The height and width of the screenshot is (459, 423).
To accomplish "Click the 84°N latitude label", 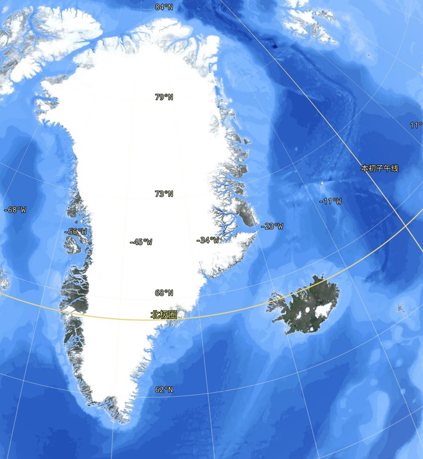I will (x=164, y=7).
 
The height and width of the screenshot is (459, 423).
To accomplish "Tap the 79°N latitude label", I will (x=164, y=97).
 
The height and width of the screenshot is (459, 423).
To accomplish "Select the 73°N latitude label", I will (x=164, y=194).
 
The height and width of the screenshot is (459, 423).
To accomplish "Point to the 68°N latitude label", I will (x=164, y=293).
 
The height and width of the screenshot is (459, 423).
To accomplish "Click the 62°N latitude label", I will (x=164, y=390).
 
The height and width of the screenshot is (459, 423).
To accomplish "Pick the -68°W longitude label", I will (x=15, y=210).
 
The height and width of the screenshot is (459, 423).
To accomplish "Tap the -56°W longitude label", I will (x=76, y=232).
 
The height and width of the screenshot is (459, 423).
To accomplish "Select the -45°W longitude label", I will (x=141, y=242).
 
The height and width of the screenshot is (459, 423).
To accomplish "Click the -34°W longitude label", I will (x=208, y=240).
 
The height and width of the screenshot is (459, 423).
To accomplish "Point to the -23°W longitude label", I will (x=272, y=227).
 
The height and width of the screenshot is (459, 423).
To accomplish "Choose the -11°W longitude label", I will (x=330, y=202).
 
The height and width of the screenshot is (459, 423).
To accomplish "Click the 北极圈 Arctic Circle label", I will (x=163, y=315).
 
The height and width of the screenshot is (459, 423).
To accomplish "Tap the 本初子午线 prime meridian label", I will (x=379, y=169).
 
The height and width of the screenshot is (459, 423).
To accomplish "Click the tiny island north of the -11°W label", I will (x=321, y=184).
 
